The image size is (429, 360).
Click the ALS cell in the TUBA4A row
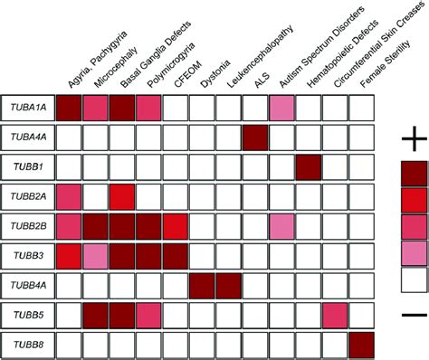[x=255, y=137]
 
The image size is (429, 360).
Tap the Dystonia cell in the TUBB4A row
[x=202, y=286]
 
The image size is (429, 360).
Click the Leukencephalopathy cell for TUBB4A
[x=229, y=286]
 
